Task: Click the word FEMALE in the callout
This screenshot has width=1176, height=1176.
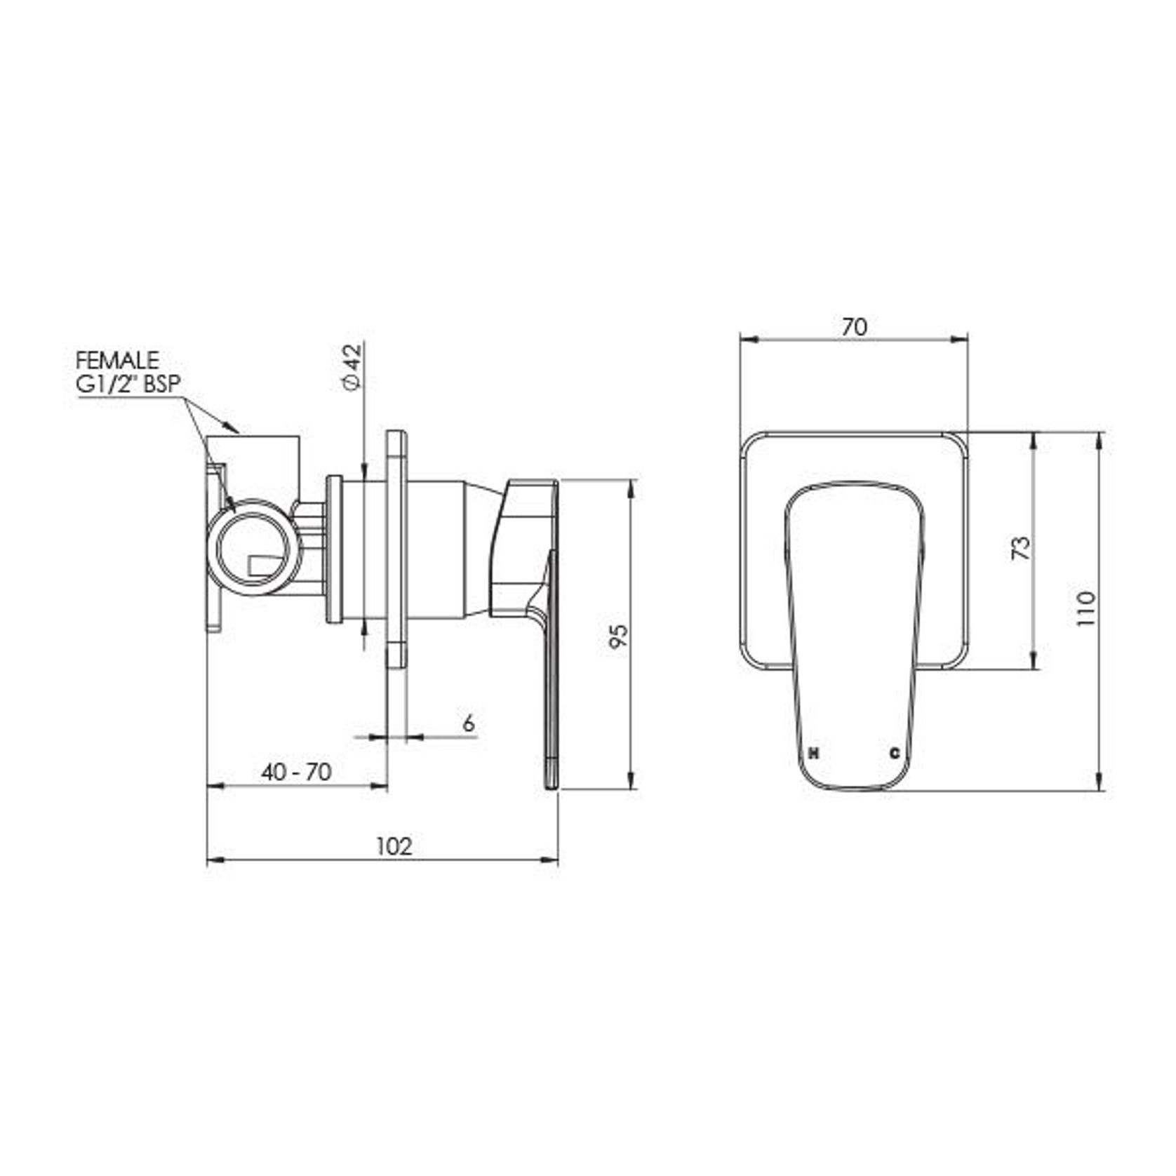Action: (117, 361)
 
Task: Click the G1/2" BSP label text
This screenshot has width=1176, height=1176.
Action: (128, 384)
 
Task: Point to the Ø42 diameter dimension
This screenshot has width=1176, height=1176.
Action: (353, 366)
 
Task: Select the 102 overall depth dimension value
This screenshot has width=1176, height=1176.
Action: (394, 847)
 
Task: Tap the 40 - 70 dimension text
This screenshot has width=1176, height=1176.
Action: (296, 773)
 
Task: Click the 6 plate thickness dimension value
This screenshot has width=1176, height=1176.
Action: (469, 723)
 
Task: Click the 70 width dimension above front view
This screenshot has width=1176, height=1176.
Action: (854, 327)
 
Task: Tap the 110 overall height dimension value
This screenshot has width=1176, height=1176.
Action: (1085, 609)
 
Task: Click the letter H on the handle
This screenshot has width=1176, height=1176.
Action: (814, 754)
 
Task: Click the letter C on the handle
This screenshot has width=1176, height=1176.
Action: (895, 754)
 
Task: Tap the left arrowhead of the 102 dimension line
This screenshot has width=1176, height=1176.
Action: (213, 860)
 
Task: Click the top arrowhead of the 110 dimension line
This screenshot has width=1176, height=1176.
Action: (1100, 439)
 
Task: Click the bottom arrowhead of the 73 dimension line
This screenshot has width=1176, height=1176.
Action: (1033, 662)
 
